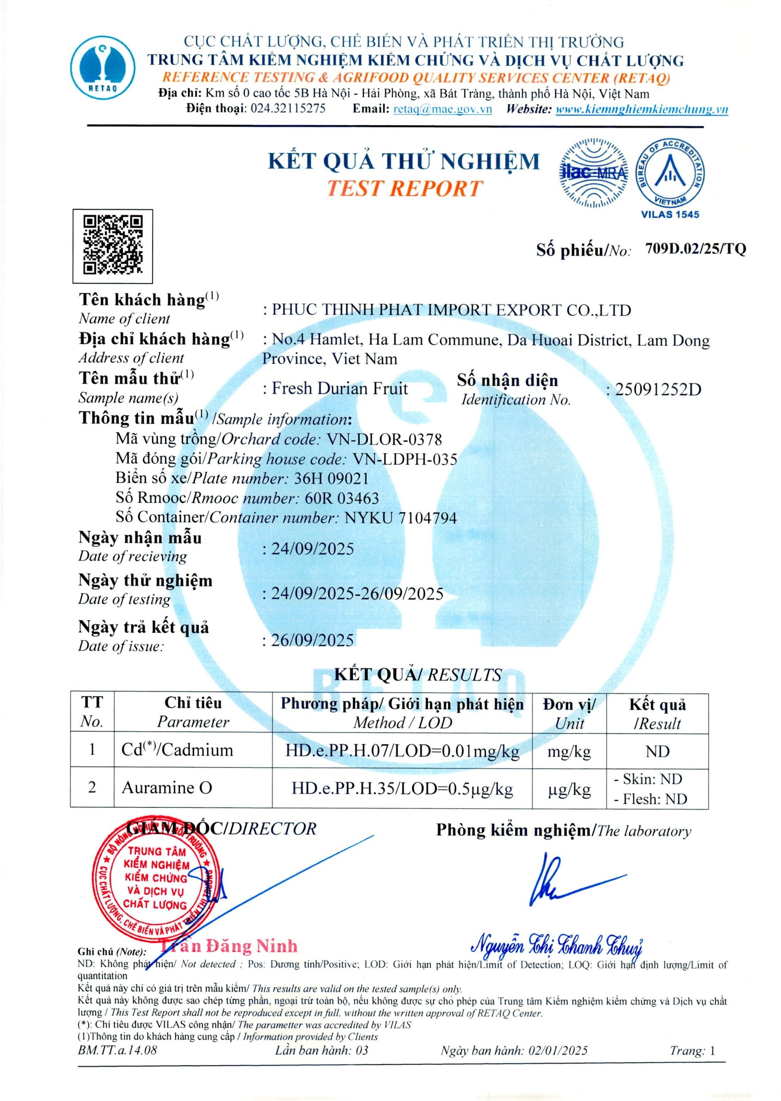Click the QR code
pyautogui.click(x=113, y=246)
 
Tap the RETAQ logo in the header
pyautogui.click(x=103, y=66)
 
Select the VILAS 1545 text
pyautogui.click(x=670, y=214)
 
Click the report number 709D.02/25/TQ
pyautogui.click(x=695, y=249)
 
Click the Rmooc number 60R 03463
pyautogui.click(x=342, y=498)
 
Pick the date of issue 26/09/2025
pyautogui.click(x=312, y=640)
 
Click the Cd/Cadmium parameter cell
pyautogui.click(x=177, y=750)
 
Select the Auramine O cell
pyautogui.click(x=167, y=787)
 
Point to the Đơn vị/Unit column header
pyautogui.click(x=569, y=713)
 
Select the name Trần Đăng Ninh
pyautogui.click(x=229, y=946)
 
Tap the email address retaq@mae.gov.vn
pyautogui.click(x=442, y=109)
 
